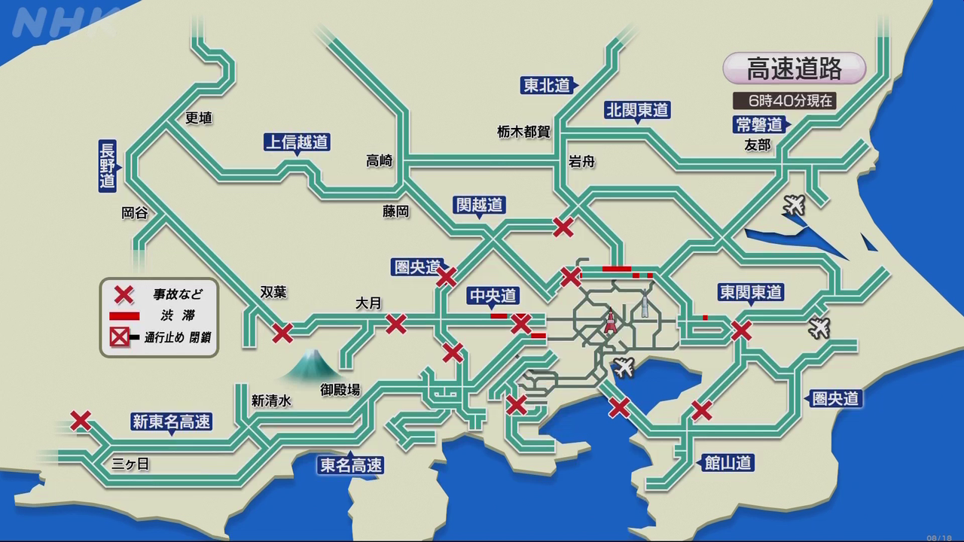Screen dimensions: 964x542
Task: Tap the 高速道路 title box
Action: tap(794, 69)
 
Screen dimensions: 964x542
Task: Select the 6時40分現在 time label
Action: tap(784, 100)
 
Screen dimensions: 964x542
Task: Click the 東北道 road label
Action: tap(548, 85)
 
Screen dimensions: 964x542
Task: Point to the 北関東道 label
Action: tap(637, 110)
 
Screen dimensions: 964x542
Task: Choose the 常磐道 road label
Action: tap(759, 124)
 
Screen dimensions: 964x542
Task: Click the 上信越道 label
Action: tap(297, 142)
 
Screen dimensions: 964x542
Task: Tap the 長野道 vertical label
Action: tap(108, 166)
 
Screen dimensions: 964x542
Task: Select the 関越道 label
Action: tap(479, 205)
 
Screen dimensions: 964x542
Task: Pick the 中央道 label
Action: tap(493, 296)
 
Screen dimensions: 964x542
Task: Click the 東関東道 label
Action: tap(750, 292)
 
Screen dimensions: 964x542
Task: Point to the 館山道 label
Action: tap(728, 462)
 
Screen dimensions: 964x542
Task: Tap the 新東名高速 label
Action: tap(171, 422)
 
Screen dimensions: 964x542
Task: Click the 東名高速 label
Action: tap(351, 465)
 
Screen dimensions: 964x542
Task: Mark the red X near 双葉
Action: tap(282, 332)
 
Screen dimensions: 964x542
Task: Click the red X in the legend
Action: tap(123, 294)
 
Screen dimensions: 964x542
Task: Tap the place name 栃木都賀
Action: tap(523, 132)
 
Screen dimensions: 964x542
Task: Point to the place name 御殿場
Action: tap(340, 389)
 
